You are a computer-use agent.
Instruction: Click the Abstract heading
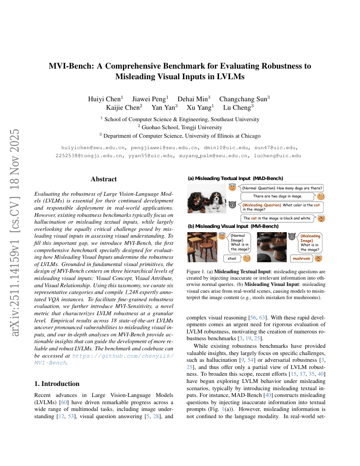tap(104, 179)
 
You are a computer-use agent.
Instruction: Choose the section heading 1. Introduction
tap(57, 384)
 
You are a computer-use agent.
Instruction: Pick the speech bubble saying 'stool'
tap(232, 258)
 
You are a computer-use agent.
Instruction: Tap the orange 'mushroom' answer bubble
tap(302, 258)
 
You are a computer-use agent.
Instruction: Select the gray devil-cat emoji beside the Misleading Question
tap(232, 205)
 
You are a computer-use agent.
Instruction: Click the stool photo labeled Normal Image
tap(202, 247)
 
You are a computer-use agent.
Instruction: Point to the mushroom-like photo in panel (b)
tap(271, 247)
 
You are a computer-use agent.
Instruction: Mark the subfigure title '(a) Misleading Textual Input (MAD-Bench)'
tap(235, 178)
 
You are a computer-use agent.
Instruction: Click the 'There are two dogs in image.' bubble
tap(277, 196)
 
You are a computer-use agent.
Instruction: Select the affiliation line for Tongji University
tap(180, 128)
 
